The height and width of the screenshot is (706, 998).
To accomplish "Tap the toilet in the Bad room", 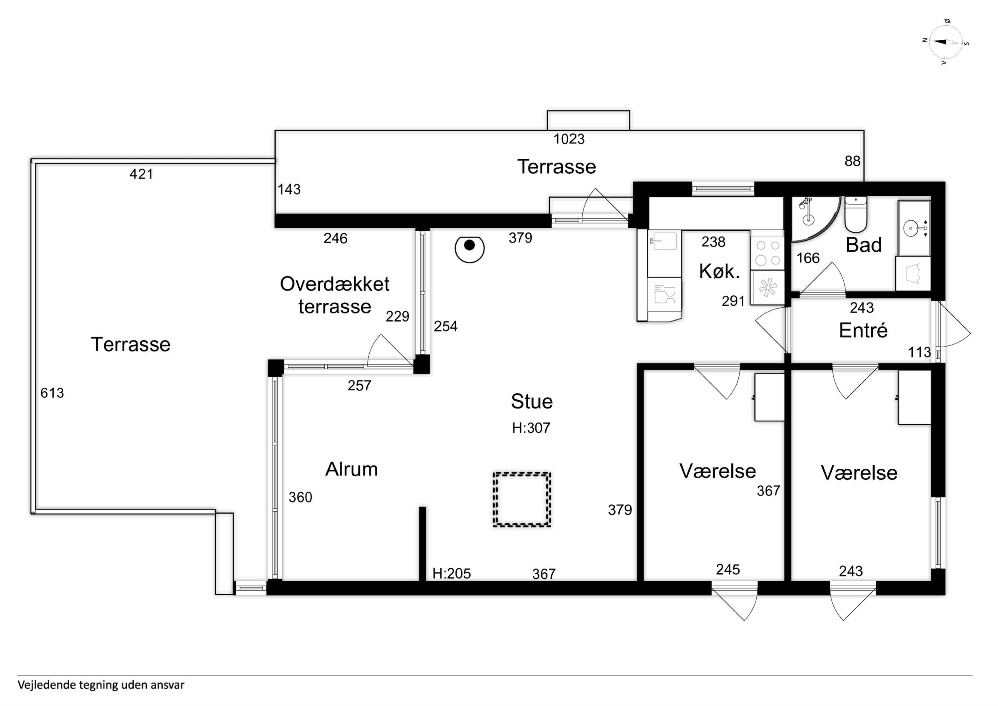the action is pyautogui.click(x=855, y=214).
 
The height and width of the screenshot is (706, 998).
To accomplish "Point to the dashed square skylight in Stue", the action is pyautogui.click(x=522, y=499).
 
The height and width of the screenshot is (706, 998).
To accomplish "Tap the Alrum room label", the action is pyautogui.click(x=351, y=469).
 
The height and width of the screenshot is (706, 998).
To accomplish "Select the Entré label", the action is pyautogui.click(x=863, y=330).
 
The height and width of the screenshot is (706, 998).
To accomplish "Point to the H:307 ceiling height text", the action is pyautogui.click(x=531, y=428).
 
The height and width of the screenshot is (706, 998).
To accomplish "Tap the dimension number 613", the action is pyautogui.click(x=52, y=393).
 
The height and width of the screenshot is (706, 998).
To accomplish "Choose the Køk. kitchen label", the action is pyautogui.click(x=719, y=272).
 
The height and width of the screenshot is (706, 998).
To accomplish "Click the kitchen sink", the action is pyautogui.click(x=663, y=241).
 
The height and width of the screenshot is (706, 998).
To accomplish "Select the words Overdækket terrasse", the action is pyautogui.click(x=334, y=295).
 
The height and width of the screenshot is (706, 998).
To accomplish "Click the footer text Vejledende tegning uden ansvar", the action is pyautogui.click(x=101, y=685).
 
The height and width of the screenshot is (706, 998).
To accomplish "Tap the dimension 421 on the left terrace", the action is pyautogui.click(x=141, y=174).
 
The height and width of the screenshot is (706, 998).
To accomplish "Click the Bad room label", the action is pyautogui.click(x=863, y=245).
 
